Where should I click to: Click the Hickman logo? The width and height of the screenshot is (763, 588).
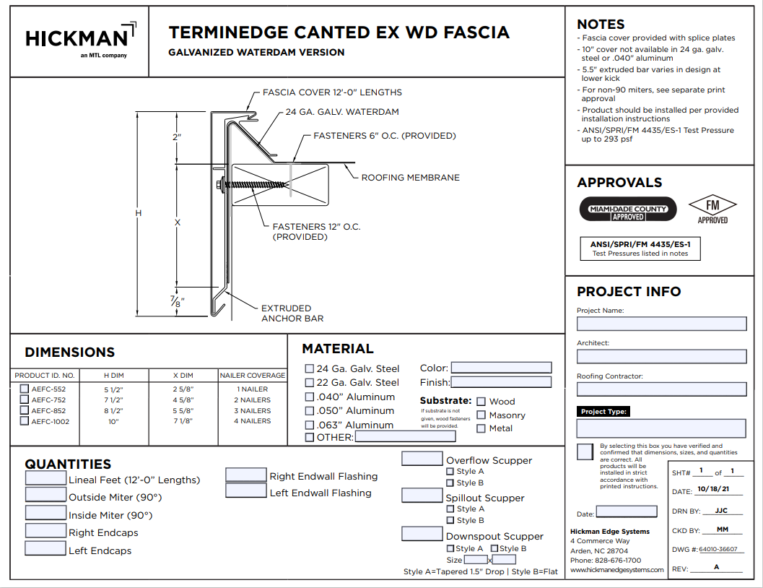[x=81, y=40]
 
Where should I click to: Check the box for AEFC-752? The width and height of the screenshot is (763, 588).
[x=25, y=399]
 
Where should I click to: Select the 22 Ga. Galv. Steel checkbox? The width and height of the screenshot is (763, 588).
[x=310, y=383]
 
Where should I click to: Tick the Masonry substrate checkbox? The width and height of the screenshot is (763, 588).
[x=481, y=415]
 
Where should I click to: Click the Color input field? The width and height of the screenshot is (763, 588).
[x=501, y=368]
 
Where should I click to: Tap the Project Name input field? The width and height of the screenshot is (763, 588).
[x=661, y=324]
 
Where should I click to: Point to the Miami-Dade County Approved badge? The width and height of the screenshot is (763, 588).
[x=628, y=209]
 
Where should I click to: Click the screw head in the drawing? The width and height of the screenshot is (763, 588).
[x=219, y=184]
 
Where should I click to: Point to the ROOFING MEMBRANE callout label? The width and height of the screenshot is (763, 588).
[x=410, y=178]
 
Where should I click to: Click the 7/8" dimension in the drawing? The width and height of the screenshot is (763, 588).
[x=177, y=301]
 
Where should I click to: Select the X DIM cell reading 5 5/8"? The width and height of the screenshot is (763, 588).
[x=183, y=411]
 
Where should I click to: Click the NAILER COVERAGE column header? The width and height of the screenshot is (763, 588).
[x=253, y=376]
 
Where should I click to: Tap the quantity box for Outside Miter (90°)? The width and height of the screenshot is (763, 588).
[x=45, y=495]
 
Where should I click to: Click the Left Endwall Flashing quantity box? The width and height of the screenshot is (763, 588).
[x=245, y=490]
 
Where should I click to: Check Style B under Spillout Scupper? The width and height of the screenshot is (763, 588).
[x=450, y=520]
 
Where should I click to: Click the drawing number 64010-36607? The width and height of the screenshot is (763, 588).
[x=718, y=549]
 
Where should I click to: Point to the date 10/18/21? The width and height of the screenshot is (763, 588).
[x=713, y=489]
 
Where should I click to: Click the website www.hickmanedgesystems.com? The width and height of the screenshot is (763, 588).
[x=616, y=570]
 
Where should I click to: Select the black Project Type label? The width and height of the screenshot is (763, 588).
[x=603, y=411]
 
